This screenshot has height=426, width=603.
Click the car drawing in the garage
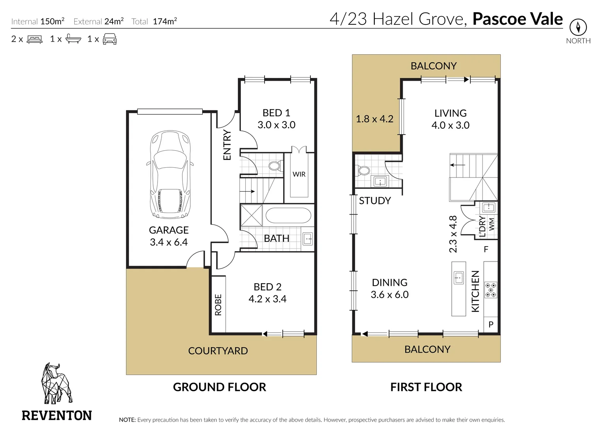[170, 174]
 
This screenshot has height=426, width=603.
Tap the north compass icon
[578, 27]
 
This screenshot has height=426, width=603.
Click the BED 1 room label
[276, 113]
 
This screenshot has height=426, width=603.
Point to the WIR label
[299, 174]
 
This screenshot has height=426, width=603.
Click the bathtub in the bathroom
[288, 215]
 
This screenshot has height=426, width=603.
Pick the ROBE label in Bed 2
[218, 305]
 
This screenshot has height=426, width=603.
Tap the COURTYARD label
[218, 351]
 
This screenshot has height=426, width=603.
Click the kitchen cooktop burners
[491, 290]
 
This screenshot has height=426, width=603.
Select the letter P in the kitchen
[491, 324]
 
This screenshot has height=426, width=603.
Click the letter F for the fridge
[486, 249]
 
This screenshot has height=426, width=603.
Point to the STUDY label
[375, 201]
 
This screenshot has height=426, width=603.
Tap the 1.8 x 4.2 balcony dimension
[375, 119]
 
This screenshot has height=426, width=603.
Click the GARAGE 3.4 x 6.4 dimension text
[169, 242]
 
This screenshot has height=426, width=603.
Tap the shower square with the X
[251, 215]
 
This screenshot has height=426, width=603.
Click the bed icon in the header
[35, 39]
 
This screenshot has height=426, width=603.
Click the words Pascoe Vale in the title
[517, 19]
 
